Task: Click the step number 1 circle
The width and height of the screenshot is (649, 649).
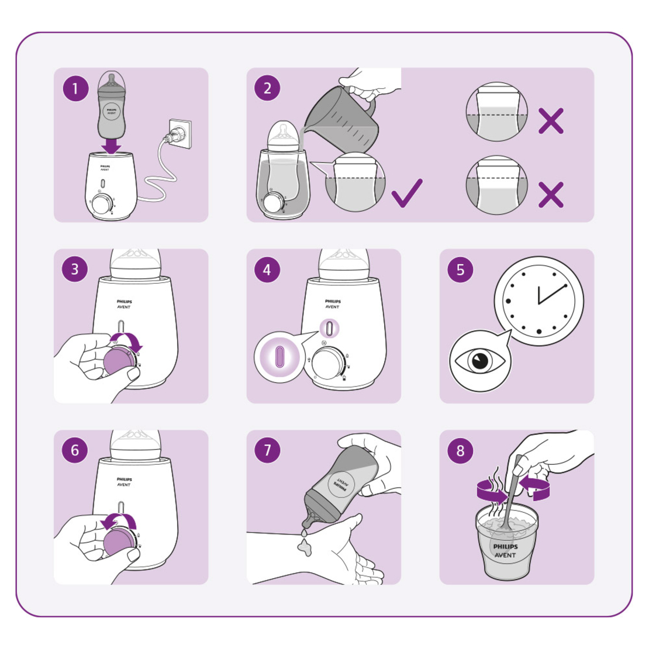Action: (x=75, y=89)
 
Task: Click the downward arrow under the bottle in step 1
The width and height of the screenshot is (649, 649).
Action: (x=111, y=144)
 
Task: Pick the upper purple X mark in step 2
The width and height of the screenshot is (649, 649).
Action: (x=550, y=120)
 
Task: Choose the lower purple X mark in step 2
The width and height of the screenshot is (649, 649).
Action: (x=550, y=195)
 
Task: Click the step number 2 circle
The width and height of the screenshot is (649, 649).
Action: (x=267, y=89)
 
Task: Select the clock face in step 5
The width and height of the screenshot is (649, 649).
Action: (x=538, y=301)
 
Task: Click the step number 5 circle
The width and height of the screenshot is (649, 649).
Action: (x=460, y=270)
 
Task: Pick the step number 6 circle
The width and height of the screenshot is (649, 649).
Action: (x=75, y=451)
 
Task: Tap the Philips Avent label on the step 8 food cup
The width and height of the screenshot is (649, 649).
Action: (x=505, y=550)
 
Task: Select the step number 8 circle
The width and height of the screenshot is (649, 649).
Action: (x=460, y=451)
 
